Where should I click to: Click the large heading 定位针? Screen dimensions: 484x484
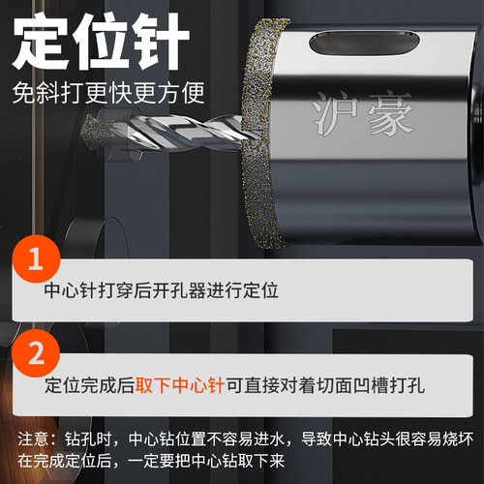[x=101, y=42]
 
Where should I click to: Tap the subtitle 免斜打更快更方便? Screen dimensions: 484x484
[x=108, y=93]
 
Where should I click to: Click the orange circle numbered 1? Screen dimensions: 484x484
[x=36, y=259]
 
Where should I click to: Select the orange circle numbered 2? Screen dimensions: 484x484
[x=36, y=353]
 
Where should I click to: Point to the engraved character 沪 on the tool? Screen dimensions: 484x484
[x=336, y=113]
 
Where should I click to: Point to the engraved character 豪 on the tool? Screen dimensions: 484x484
[x=390, y=114]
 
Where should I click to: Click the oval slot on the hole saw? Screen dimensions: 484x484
[x=364, y=43]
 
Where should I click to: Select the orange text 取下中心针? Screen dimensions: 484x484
[x=180, y=385]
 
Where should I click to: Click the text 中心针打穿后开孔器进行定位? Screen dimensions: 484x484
[x=162, y=290]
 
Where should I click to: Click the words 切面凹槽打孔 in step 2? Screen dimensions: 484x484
[x=371, y=385]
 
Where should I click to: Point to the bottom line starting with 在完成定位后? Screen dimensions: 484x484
[x=151, y=461]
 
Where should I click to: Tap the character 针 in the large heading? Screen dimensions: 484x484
[x=162, y=42]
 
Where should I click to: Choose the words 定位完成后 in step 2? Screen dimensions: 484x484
[x=90, y=385]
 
